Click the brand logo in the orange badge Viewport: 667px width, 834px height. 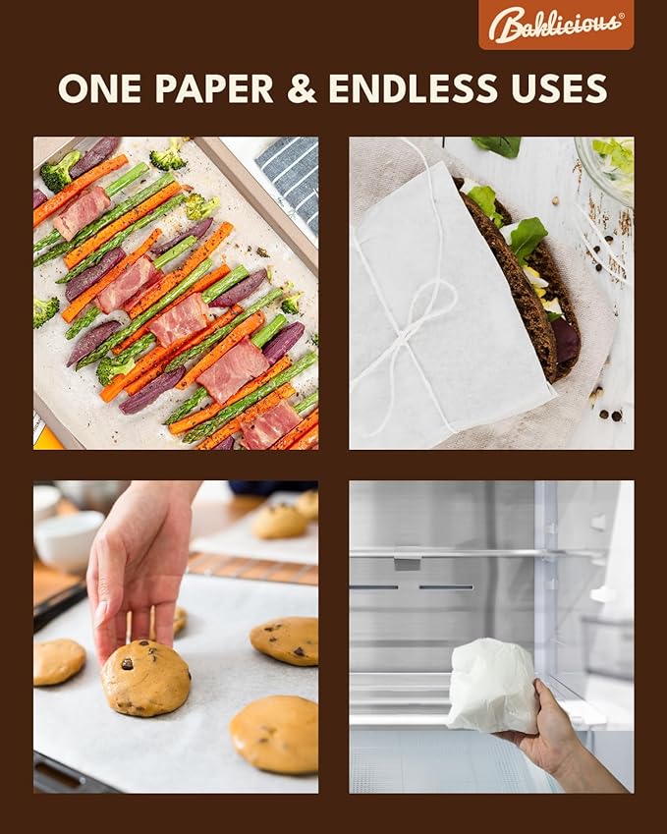point(556,25)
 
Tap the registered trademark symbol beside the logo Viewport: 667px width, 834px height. point(621,16)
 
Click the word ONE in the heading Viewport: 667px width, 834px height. point(99,87)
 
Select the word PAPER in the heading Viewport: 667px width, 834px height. point(214,87)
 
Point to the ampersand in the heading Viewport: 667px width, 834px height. point(302,87)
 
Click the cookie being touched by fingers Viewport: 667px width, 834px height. point(145,677)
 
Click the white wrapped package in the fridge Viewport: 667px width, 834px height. point(493,685)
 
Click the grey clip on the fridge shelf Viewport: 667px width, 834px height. point(407,562)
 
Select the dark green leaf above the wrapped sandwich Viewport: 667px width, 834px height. point(498,145)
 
